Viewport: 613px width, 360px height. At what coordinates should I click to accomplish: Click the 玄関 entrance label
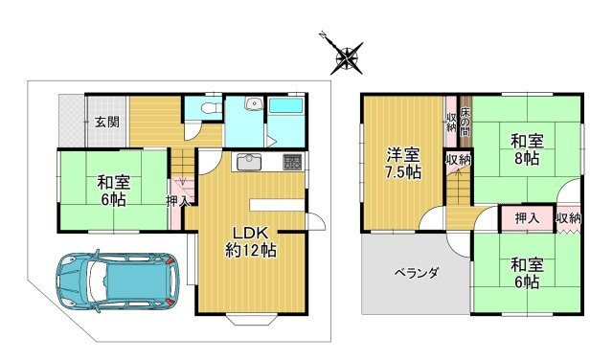tap(106, 122)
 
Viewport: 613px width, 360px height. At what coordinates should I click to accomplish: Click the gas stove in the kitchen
tap(292, 162)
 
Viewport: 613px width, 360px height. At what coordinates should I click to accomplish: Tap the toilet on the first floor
tap(210, 109)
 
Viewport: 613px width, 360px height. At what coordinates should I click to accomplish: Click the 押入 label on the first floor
tap(177, 201)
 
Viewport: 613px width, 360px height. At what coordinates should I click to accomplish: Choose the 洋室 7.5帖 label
tap(403, 163)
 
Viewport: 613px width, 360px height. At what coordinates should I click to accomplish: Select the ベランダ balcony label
tap(417, 274)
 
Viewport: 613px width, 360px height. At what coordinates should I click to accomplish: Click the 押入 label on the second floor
tap(526, 219)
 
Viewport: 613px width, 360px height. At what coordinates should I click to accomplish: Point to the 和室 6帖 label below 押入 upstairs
tap(526, 273)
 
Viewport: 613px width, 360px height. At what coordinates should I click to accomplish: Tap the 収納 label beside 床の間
tap(450, 122)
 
